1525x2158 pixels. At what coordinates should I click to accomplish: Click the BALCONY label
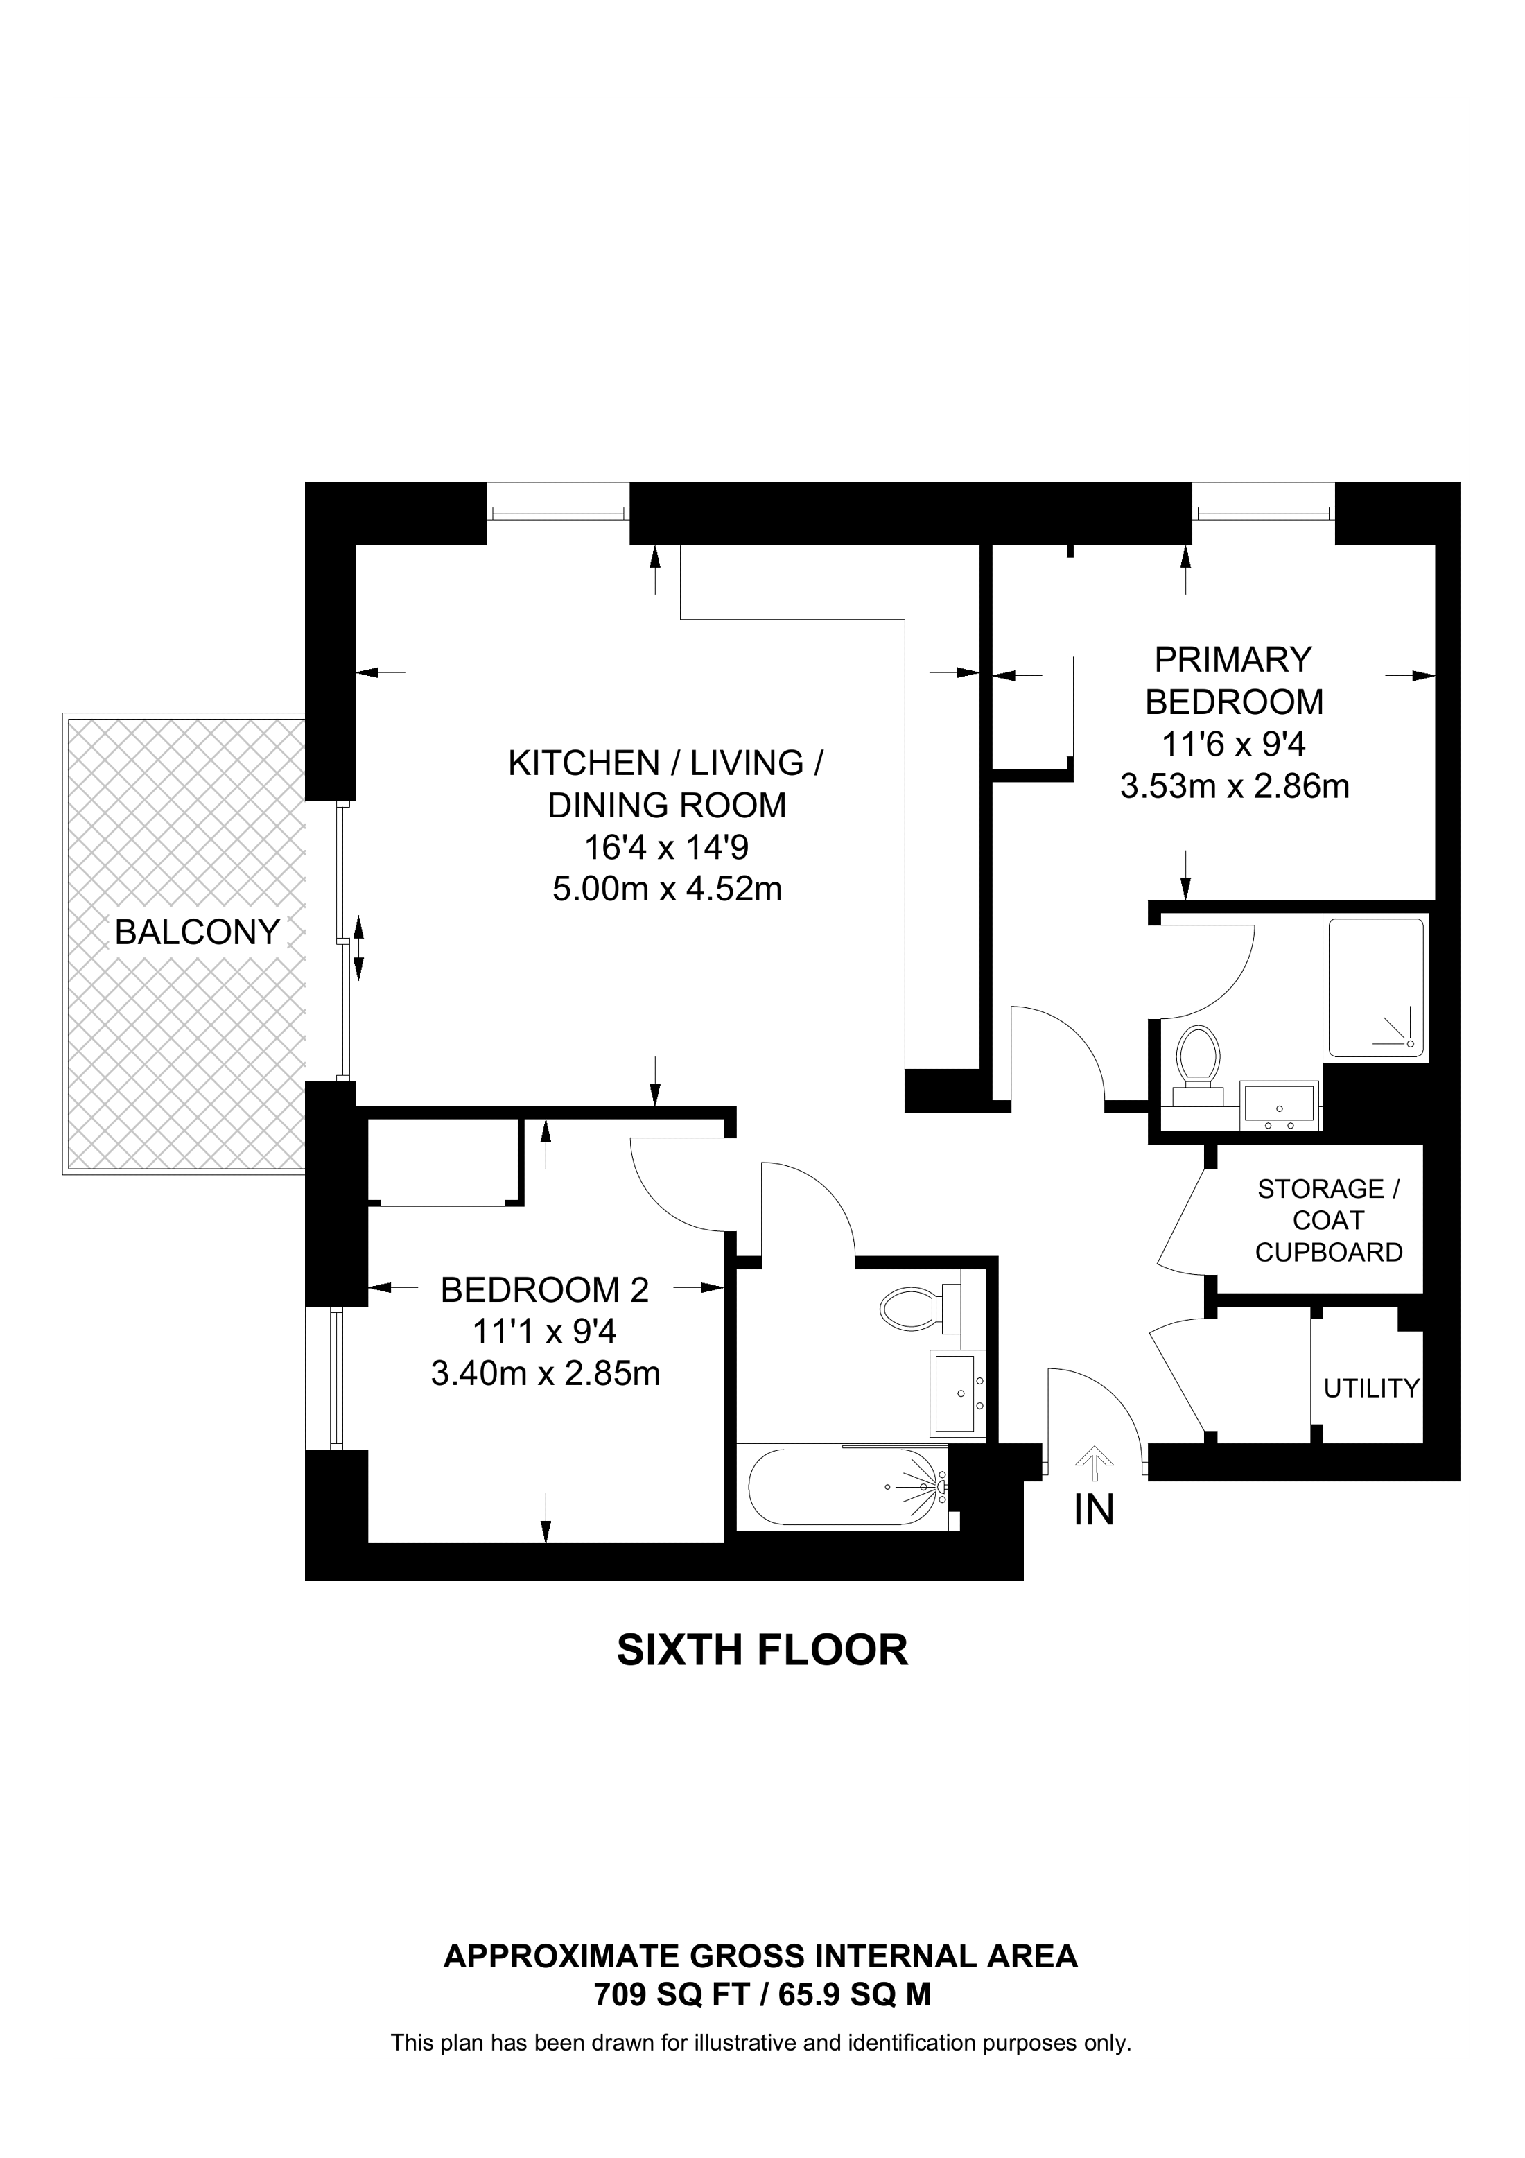point(198,932)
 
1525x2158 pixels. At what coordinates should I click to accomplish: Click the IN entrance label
point(1094,1511)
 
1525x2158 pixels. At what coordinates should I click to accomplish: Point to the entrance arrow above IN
point(1094,1463)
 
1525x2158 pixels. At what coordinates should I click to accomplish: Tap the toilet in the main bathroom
point(921,1305)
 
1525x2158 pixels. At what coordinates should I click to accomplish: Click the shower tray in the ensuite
point(1375,987)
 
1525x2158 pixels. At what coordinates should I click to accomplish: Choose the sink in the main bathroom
point(957,1393)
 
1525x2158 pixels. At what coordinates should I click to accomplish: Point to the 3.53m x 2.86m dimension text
point(1235,785)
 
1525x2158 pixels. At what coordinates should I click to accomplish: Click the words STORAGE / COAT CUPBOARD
point(1329,1221)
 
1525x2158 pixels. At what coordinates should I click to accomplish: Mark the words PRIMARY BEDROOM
point(1234,681)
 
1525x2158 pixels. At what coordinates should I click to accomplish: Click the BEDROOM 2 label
point(545,1289)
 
